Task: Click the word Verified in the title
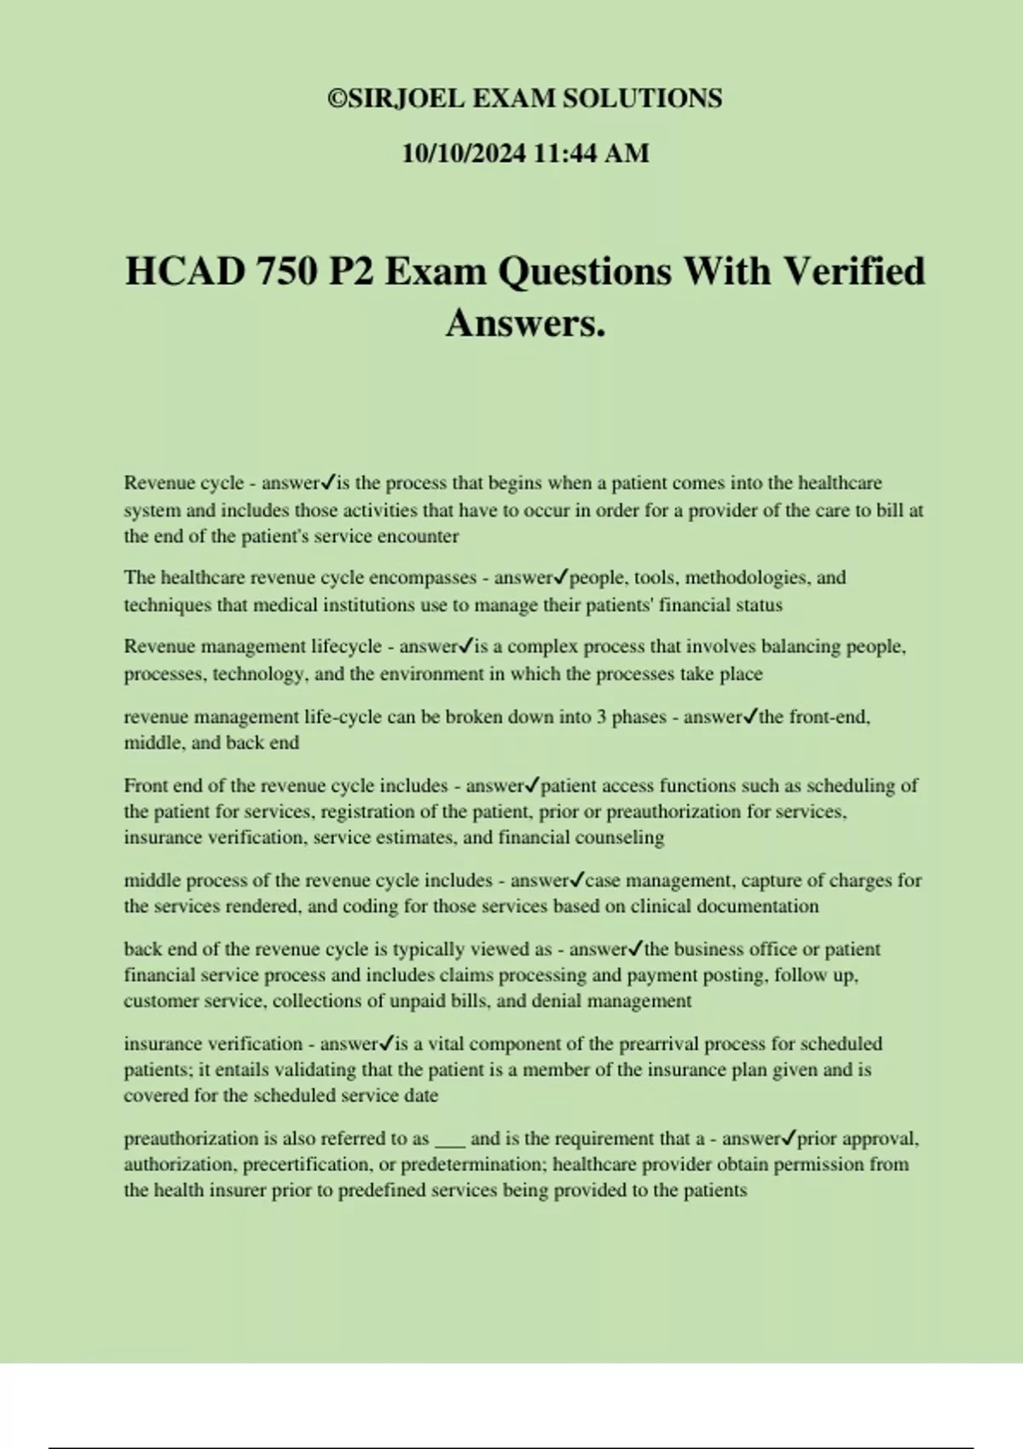coord(853,272)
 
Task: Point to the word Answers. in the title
coord(525,323)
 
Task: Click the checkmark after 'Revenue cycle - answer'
coord(328,482)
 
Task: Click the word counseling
coord(622,837)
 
